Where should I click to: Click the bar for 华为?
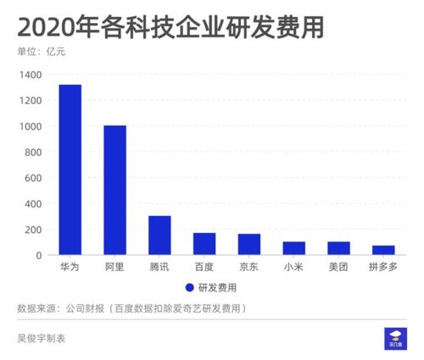tap(70, 169)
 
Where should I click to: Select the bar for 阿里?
tap(114, 190)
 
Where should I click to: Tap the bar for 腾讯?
tap(159, 235)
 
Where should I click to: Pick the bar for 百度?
tap(204, 243)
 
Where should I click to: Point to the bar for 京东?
tap(249, 244)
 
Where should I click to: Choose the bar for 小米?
tap(294, 248)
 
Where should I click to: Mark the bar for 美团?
tap(339, 248)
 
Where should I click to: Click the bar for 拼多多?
tap(383, 250)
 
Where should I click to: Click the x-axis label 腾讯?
tap(159, 268)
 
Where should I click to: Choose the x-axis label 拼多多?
tap(383, 268)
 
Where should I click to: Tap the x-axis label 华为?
tap(70, 268)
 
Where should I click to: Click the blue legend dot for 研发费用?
tap(190, 287)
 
